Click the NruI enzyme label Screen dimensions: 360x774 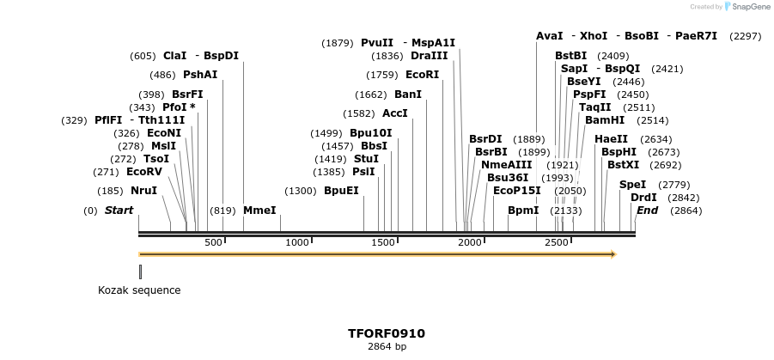pyautogui.click(x=143, y=191)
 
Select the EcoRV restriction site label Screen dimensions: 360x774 pyautogui.click(x=143, y=172)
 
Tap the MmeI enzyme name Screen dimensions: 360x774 pyautogui.click(x=259, y=211)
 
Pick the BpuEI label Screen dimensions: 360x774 pyautogui.click(x=341, y=191)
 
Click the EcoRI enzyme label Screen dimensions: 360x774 pyautogui.click(x=422, y=75)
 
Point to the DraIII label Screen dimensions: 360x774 pyautogui.click(x=430, y=56)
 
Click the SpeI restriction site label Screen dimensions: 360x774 pyautogui.click(x=632, y=185)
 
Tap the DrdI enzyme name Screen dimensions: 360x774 pyautogui.click(x=643, y=198)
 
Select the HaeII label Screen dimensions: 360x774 pyautogui.click(x=611, y=139)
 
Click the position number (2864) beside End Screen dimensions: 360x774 pyautogui.click(x=686, y=211)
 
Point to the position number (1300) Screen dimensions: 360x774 pyautogui.click(x=301, y=191)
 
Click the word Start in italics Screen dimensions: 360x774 pyautogui.click(x=119, y=211)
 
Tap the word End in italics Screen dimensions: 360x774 pyautogui.click(x=647, y=211)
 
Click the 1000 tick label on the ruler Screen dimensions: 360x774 pyautogui.click(x=297, y=243)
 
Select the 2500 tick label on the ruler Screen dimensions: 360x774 pyautogui.click(x=557, y=243)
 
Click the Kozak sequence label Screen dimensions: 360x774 pyautogui.click(x=139, y=290)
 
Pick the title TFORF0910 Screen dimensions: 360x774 pyautogui.click(x=387, y=333)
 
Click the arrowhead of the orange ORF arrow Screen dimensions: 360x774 pyautogui.click(x=613, y=254)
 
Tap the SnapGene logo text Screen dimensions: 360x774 pyautogui.click(x=751, y=7)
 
